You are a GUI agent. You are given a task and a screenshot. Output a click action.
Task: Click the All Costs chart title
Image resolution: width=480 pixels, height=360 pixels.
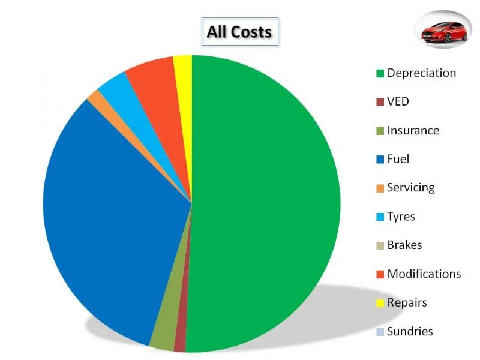tap(239, 32)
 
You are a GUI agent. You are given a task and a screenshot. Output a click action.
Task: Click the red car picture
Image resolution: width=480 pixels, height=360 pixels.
tap(443, 30)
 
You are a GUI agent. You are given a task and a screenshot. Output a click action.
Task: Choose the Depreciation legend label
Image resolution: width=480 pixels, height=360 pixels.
tap(422, 73)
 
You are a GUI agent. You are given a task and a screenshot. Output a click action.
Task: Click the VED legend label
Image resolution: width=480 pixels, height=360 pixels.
tap(398, 101)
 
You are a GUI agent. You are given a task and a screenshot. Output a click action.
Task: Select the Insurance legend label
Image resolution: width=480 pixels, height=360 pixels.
tap(413, 131)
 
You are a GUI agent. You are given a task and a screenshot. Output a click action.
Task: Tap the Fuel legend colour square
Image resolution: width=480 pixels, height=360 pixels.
tap(380, 160)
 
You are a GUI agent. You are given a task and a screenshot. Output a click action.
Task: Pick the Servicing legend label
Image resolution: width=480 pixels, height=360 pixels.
tap(411, 188)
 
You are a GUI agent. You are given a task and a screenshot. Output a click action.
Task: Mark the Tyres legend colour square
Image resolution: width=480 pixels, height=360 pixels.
tap(380, 217)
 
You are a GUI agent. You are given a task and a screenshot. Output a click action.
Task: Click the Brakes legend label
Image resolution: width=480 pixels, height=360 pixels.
tap(404, 245)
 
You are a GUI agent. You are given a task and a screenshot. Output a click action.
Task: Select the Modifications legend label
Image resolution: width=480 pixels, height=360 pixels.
tap(424, 274)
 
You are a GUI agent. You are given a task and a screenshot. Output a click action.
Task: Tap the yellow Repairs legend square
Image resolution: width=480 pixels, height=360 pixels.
tap(380, 303)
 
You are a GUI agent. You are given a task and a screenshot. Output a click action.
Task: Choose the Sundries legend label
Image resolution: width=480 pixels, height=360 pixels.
tap(410, 332)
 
